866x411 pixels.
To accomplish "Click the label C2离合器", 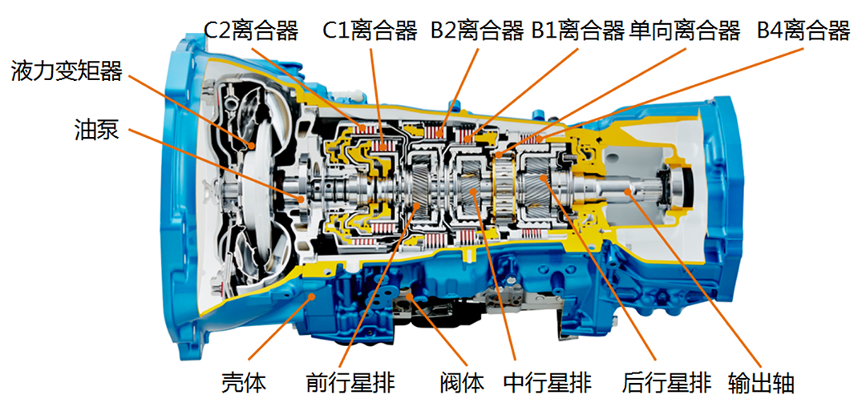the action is coord(252,31).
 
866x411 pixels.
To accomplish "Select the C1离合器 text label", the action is coord(370,31).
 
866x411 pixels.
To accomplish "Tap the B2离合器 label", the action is coord(477,31).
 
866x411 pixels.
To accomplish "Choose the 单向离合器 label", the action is coord(685,31).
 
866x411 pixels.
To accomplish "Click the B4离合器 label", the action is coord(803,31).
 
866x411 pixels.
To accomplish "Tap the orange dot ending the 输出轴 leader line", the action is coord(627,191).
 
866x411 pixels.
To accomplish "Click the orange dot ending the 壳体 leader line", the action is coord(312,297).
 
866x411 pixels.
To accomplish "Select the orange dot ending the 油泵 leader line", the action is coord(301,198).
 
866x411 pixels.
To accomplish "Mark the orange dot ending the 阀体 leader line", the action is coord(409,297).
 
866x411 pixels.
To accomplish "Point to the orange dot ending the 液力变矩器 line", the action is coord(251,146).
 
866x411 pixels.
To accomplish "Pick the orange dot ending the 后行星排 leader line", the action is coord(544,178).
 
